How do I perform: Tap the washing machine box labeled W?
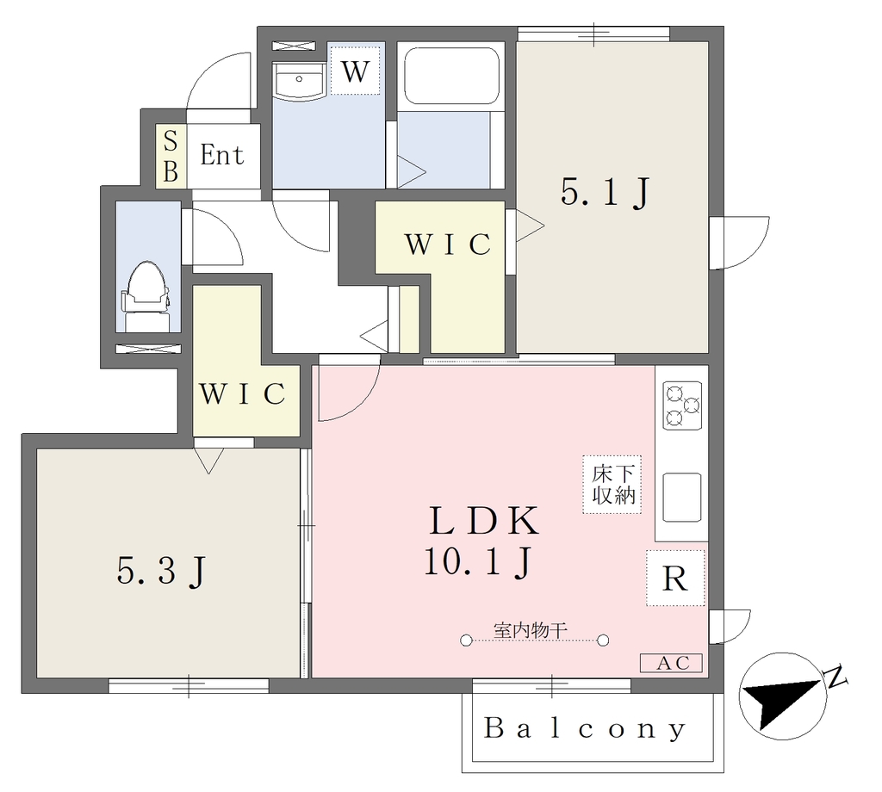pyautogui.click(x=355, y=71)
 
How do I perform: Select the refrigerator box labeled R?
pyautogui.click(x=675, y=578)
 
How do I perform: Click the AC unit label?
pyautogui.click(x=672, y=663)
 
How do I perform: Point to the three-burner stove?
pyautogui.click(x=682, y=405)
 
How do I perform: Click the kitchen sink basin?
pyautogui.click(x=682, y=497)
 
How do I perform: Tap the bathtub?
pyautogui.click(x=451, y=75)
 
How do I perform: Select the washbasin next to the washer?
pyautogui.click(x=298, y=82)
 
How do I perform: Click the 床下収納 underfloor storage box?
pyautogui.click(x=612, y=485)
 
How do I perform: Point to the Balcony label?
pyautogui.click(x=585, y=729)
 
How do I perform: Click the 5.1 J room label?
pyautogui.click(x=605, y=193)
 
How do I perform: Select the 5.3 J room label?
pyautogui.click(x=162, y=572)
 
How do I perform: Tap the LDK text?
pyautogui.click(x=484, y=521)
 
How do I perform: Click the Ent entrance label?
pyautogui.click(x=222, y=155)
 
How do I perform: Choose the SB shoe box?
pyautogui.click(x=171, y=156)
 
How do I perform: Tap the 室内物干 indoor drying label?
pyautogui.click(x=530, y=630)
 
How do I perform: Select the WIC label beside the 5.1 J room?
pyautogui.click(x=448, y=244)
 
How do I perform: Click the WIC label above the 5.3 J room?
pyautogui.click(x=242, y=394)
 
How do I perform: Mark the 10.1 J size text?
pyautogui.click(x=477, y=561)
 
